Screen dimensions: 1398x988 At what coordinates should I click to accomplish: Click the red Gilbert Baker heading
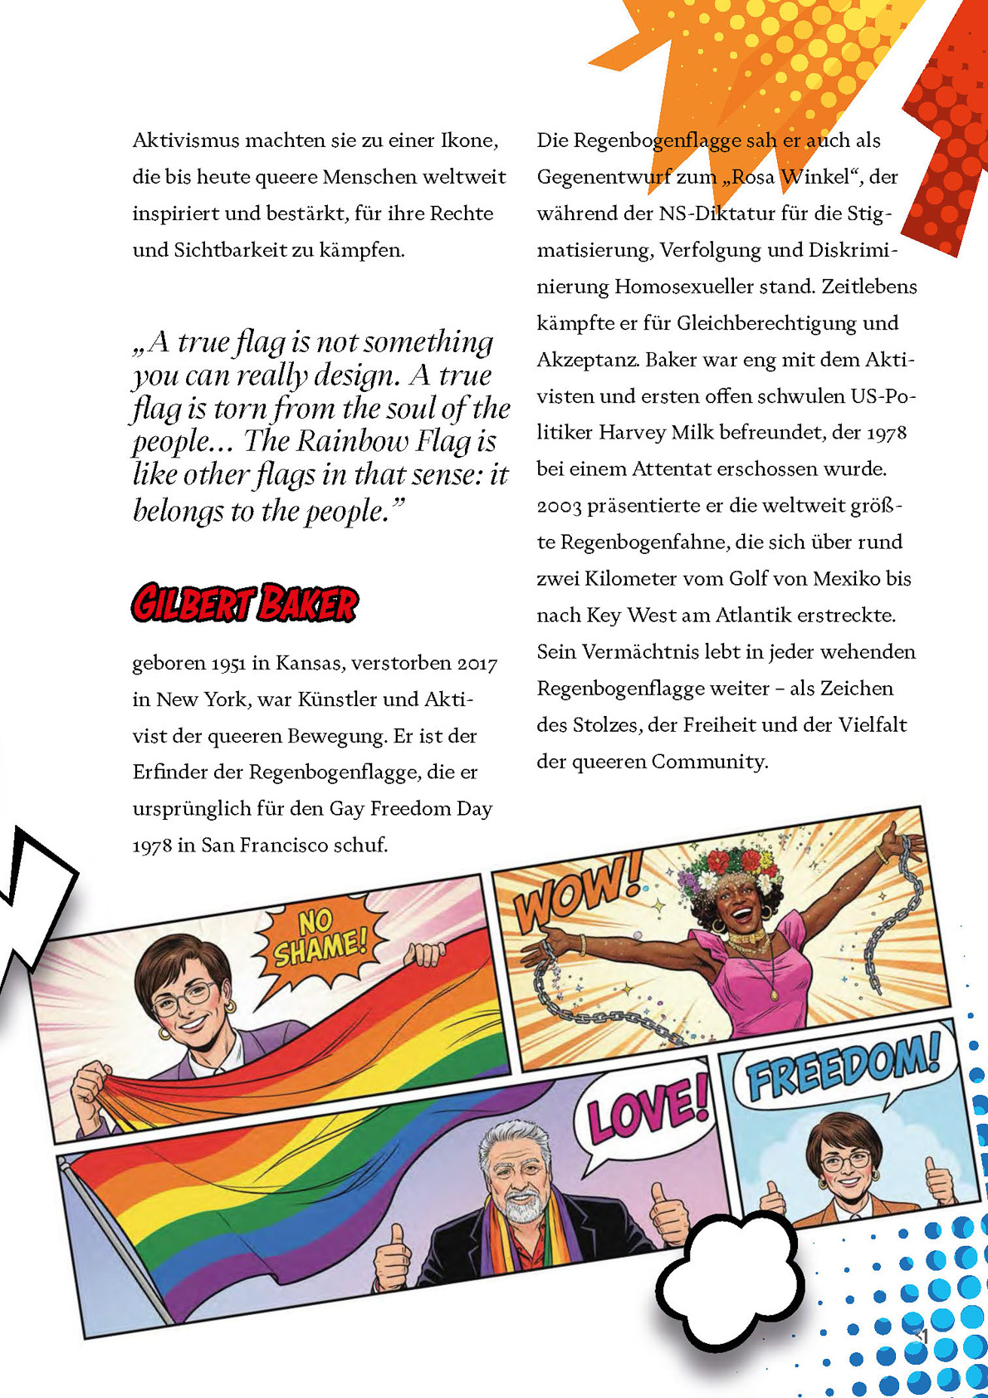pos(244,603)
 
